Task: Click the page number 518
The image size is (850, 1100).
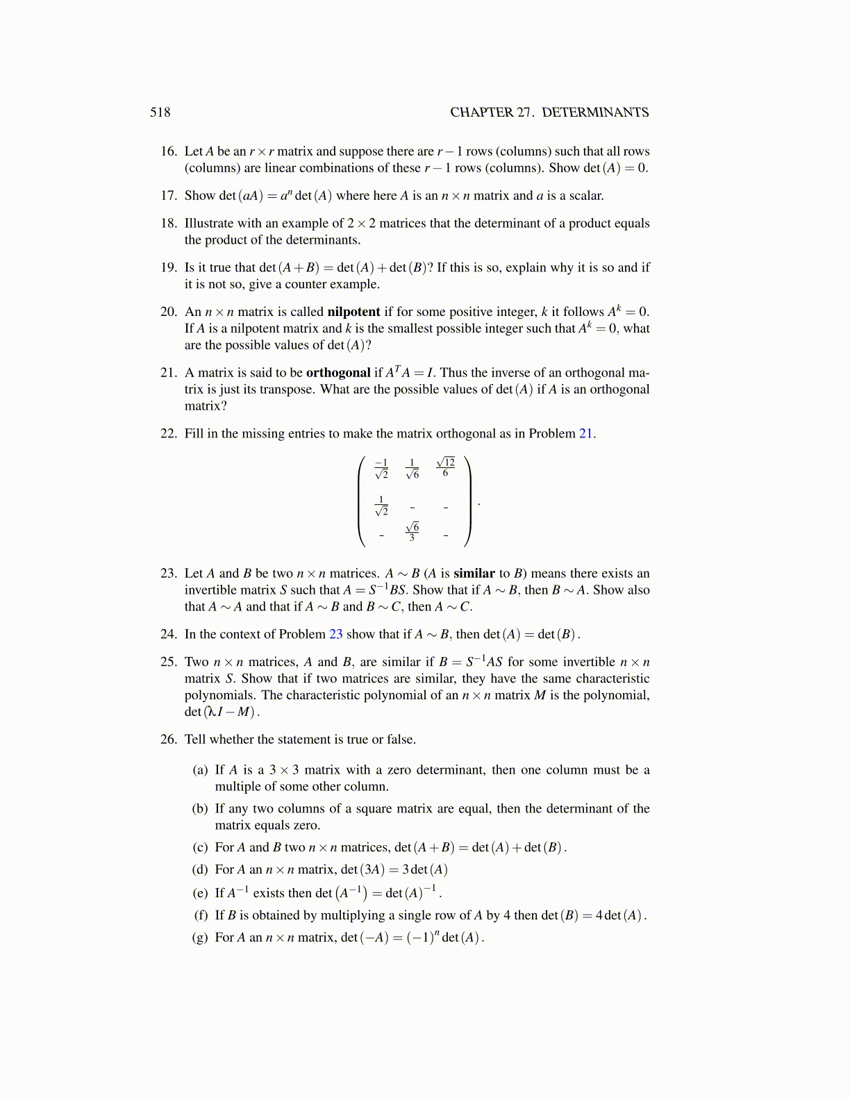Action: [x=160, y=112]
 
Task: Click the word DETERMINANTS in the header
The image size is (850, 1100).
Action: [x=595, y=112]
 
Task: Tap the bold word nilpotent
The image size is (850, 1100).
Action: [x=353, y=312]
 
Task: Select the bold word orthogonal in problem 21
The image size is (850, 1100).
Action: [x=338, y=373]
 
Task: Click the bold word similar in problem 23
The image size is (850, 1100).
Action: [x=474, y=574]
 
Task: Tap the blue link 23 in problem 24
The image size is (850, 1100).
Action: [x=336, y=634]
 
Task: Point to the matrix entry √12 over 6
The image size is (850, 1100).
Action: [x=446, y=467]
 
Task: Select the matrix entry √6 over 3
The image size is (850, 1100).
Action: [x=412, y=531]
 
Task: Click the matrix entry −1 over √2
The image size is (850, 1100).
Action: [x=381, y=469]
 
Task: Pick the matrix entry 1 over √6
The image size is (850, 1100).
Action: [x=412, y=469]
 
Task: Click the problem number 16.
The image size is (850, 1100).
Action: [x=169, y=151]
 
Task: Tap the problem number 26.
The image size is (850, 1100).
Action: [x=169, y=740]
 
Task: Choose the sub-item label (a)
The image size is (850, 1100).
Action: [x=200, y=770]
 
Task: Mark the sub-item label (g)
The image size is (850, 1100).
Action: [x=200, y=937]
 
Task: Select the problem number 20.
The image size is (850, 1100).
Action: [x=169, y=312]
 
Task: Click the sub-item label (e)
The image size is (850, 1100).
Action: [x=200, y=893]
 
